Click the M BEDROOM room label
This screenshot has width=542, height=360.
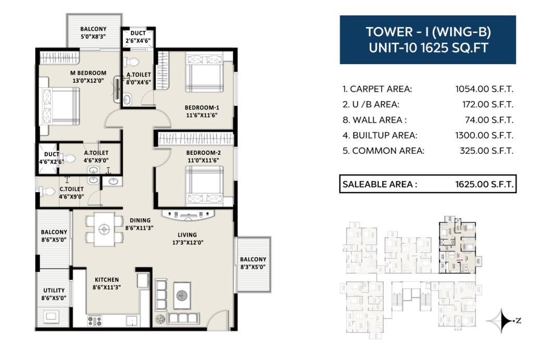(88, 73)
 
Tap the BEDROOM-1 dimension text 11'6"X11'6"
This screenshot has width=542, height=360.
(201, 115)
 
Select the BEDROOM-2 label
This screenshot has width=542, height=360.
(203, 153)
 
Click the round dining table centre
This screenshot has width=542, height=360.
(104, 229)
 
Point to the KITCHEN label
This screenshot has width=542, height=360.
(107, 279)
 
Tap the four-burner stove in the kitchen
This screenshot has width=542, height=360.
(94, 321)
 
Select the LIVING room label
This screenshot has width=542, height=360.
(187, 235)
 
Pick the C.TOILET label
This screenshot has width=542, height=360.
(71, 189)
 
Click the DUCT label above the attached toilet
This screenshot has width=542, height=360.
(138, 33)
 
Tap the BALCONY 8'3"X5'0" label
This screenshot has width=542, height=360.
(253, 263)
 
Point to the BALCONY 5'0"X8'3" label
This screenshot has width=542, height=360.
(93, 32)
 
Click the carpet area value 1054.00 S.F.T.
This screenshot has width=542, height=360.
(484, 89)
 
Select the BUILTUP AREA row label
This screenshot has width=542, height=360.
(380, 135)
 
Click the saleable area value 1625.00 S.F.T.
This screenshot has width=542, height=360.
(484, 184)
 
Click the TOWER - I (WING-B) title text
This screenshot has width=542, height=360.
(428, 32)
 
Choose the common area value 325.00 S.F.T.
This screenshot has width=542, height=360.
(486, 151)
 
